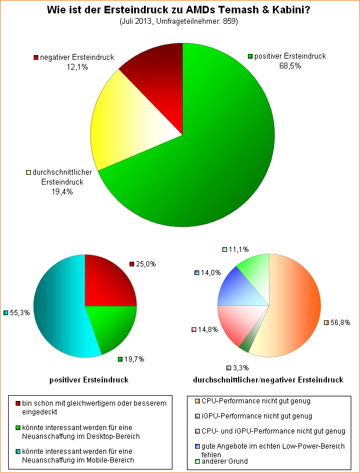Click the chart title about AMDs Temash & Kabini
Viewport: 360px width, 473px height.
click(180, 10)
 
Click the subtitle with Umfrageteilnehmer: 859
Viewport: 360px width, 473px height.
click(180, 21)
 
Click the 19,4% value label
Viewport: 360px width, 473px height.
click(62, 192)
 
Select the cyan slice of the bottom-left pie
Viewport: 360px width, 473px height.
click(58, 313)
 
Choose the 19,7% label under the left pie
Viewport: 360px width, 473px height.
click(134, 359)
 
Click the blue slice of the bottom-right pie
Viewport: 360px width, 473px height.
click(235, 287)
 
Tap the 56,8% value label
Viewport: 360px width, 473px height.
click(340, 323)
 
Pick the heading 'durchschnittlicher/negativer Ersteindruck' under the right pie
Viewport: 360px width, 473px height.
click(268, 380)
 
